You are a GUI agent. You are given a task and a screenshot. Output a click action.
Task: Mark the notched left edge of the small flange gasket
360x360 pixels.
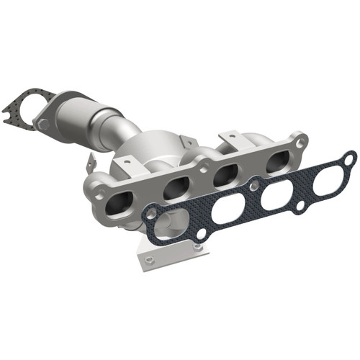tap(9, 117)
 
